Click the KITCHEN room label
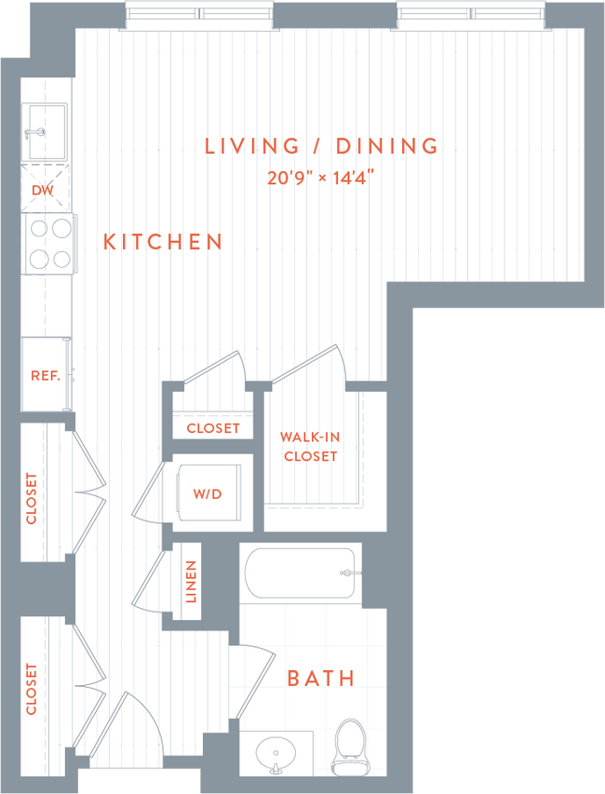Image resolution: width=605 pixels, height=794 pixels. click(163, 242)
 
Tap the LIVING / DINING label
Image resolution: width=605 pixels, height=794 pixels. click(321, 146)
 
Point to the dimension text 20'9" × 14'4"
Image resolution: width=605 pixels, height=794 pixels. click(321, 177)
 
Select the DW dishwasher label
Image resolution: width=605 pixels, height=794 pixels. click(42, 190)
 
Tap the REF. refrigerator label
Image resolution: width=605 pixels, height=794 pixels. click(45, 376)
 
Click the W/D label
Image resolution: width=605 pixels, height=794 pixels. click(208, 493)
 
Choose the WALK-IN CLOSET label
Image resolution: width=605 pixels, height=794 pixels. click(310, 447)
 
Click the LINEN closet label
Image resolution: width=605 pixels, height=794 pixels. click(191, 582)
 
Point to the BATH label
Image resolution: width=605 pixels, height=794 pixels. click(321, 678)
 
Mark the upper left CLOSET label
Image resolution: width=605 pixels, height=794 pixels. click(32, 499)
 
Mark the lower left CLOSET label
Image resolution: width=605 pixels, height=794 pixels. click(32, 689)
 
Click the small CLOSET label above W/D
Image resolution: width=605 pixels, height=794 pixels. click(213, 428)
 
